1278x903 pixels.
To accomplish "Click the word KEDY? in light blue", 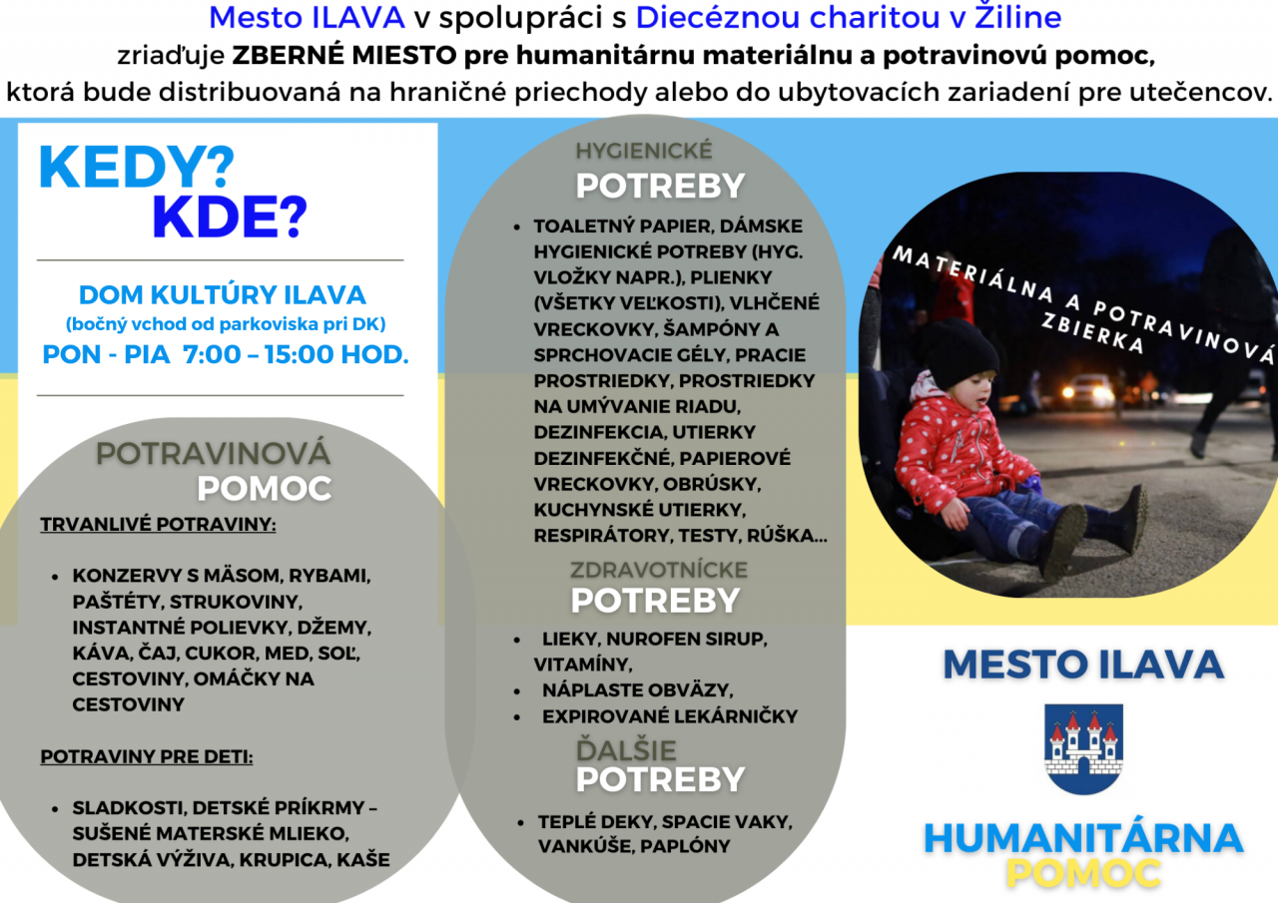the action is click(x=137, y=167).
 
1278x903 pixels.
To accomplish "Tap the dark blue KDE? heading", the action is click(x=230, y=217).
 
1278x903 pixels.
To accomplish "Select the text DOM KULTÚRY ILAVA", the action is click(x=222, y=295).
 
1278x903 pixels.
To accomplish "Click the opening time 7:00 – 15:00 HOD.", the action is click(x=296, y=354).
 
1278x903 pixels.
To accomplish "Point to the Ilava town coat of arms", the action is click(x=1083, y=748).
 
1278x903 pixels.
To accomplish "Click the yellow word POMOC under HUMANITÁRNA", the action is click(x=1083, y=873).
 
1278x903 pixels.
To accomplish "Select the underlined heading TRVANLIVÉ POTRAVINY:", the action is click(x=158, y=525).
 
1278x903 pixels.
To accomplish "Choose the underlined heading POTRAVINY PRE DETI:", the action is click(x=147, y=756).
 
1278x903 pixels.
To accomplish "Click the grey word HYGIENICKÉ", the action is click(x=644, y=151).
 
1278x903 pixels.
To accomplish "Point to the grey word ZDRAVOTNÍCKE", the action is click(x=658, y=570).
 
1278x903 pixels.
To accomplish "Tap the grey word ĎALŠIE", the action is click(x=626, y=749).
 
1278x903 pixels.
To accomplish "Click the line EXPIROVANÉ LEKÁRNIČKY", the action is click(x=670, y=716).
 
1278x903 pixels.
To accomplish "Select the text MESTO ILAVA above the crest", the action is click(x=1083, y=665).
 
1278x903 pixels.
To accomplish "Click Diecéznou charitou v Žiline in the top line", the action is click(x=849, y=17).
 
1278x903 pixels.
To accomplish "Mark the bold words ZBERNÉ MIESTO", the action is click(x=344, y=55).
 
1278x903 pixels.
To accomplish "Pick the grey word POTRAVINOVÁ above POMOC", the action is click(x=213, y=454).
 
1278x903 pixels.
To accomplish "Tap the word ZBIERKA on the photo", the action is click(x=1092, y=333).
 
